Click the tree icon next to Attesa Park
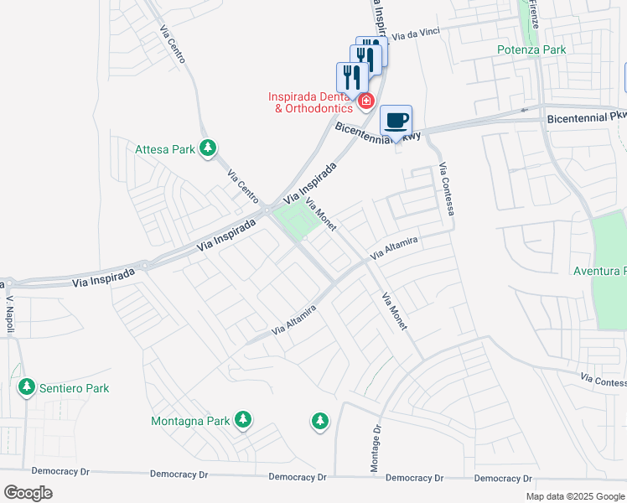pyautogui.click(x=208, y=149)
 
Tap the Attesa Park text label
pyautogui.click(x=165, y=150)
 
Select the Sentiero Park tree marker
pyautogui.click(x=27, y=387)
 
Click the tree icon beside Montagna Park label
pyautogui.click(x=243, y=419)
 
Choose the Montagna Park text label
pyautogui.click(x=190, y=420)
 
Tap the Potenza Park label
pyautogui.click(x=531, y=49)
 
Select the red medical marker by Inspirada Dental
pyautogui.click(x=365, y=102)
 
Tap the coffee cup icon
pyautogui.click(x=396, y=120)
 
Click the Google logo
pyautogui.click(x=28, y=493)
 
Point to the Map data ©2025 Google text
pyautogui.click(x=574, y=496)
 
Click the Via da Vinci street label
pyautogui.click(x=415, y=35)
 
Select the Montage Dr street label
pyautogui.click(x=376, y=442)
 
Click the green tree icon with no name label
pyautogui.click(x=319, y=421)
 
